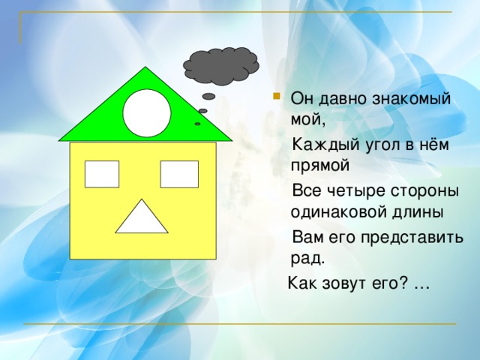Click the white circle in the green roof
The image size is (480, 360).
(146, 112)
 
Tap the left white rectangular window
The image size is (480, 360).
(102, 174)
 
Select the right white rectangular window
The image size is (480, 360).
(179, 174)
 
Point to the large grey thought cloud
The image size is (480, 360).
(220, 65)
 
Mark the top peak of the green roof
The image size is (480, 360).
(147, 68)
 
